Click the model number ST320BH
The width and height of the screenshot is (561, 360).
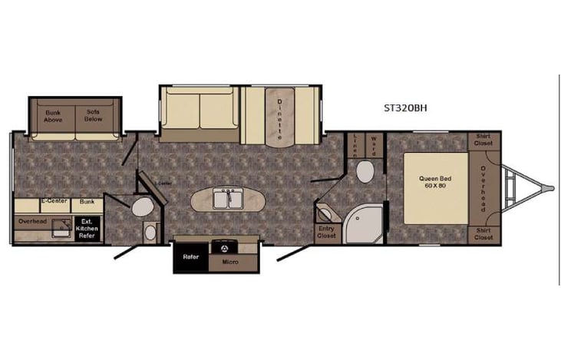coord(405,108)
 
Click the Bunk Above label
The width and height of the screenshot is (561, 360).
coord(53,117)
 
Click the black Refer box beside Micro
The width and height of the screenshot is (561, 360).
coord(190,257)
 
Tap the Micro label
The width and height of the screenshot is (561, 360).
coord(230,262)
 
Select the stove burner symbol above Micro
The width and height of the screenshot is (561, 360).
coord(226,248)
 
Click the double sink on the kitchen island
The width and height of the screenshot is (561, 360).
coord(226,198)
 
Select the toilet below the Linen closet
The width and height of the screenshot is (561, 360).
coord(365,171)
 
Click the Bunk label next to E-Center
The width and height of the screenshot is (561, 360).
coord(87,202)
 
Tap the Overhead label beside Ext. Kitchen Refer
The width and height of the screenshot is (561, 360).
coord(33,221)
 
